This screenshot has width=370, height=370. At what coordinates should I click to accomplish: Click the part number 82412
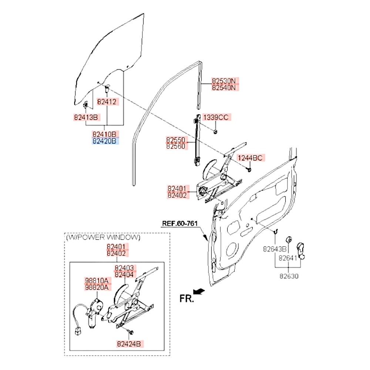pos(107,102)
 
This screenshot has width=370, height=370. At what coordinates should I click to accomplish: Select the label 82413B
pos(86,117)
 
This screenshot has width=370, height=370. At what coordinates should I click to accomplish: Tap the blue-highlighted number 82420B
pos(104,141)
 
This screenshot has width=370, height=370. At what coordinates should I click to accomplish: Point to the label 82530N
pos(224,81)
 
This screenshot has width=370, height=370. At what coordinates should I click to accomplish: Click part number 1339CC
pos(216,117)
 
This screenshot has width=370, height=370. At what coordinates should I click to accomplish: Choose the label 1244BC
pos(250,158)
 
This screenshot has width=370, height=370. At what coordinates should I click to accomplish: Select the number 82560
pos(175,146)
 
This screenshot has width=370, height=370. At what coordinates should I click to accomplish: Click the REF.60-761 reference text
pos(180,223)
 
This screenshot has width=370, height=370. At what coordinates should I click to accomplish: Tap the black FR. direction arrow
pos(199,292)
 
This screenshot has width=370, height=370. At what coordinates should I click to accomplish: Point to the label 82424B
pos(129,344)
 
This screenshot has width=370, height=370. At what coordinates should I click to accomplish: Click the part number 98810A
pos(97,280)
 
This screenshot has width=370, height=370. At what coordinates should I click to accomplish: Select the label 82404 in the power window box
pos(124,275)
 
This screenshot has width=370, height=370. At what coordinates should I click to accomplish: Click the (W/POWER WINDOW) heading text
pos(103,237)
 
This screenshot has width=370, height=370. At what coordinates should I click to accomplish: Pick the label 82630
pos(289,276)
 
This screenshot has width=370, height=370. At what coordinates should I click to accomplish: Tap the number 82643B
pos(275,249)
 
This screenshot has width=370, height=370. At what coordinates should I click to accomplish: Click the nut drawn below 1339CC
pos(215,131)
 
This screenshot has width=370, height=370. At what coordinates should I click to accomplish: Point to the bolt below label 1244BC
pos(249,169)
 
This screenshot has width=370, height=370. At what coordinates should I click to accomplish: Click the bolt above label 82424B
pos(131,332)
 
